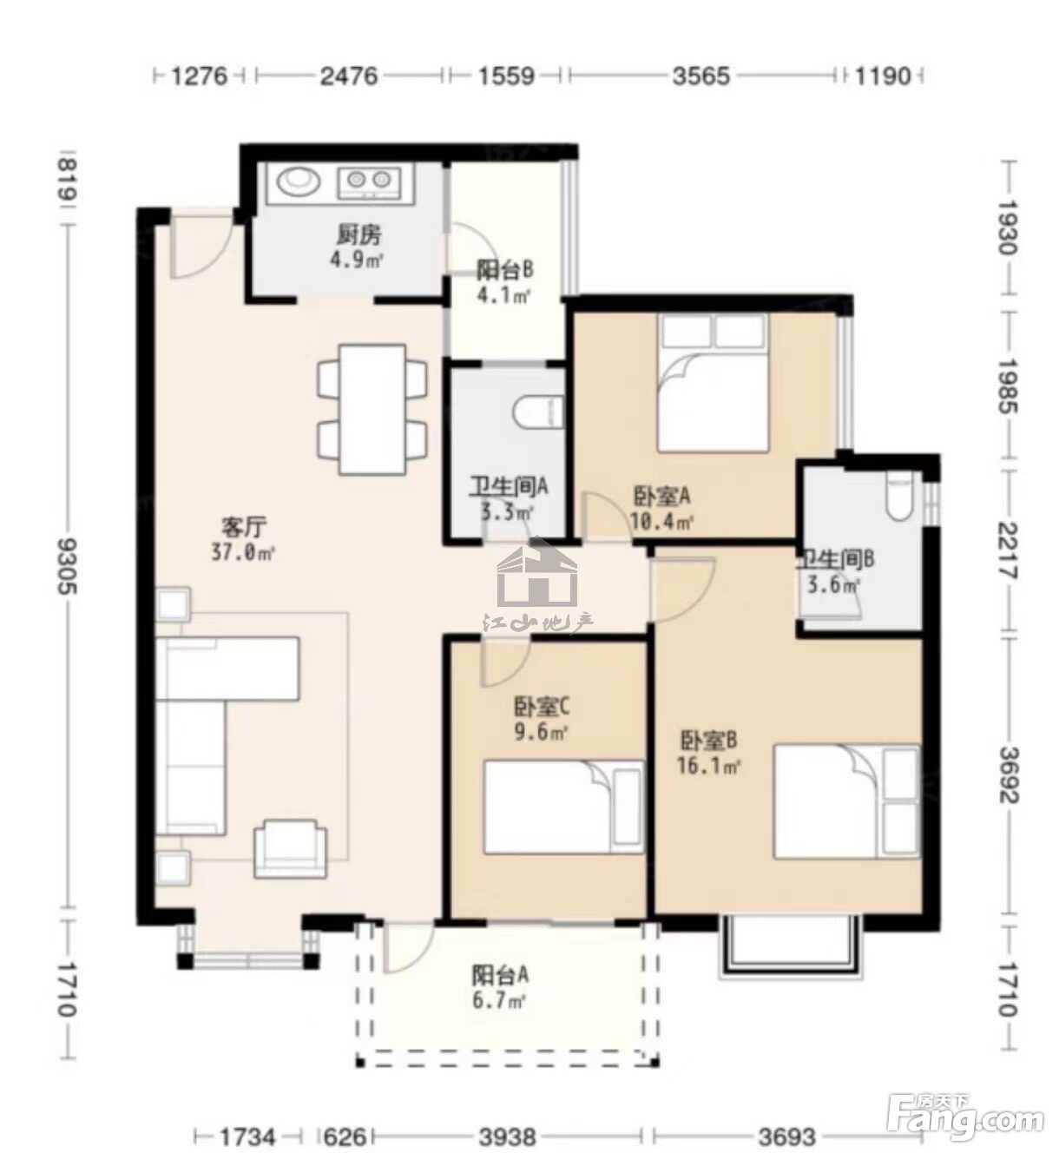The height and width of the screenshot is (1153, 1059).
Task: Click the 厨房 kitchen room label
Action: point(358,235)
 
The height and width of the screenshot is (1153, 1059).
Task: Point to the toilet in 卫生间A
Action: point(537,413)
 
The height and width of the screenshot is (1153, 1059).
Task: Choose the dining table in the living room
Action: point(372,409)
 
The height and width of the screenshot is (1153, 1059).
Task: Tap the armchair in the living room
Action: point(291,848)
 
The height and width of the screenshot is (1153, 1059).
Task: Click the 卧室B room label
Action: point(708,741)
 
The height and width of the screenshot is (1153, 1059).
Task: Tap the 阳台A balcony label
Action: point(500,975)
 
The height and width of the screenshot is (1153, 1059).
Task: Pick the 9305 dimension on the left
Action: point(69,567)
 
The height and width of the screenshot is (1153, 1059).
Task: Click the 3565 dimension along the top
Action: point(701,76)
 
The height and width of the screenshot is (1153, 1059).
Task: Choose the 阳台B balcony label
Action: point(505,269)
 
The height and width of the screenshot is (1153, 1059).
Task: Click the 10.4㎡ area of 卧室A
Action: point(662,521)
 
